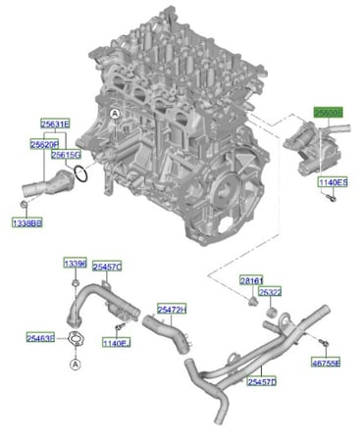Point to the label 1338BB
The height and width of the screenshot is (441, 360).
pos(26,223)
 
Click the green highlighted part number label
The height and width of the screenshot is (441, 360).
pos(329,113)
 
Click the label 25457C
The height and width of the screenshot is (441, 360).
pos(106,266)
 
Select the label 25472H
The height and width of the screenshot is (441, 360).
pos(172,310)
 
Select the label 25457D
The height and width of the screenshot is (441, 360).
pos(261,380)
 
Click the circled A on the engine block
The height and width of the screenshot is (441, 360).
pos(114,117)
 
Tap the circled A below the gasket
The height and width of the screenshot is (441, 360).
pos(76,364)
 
